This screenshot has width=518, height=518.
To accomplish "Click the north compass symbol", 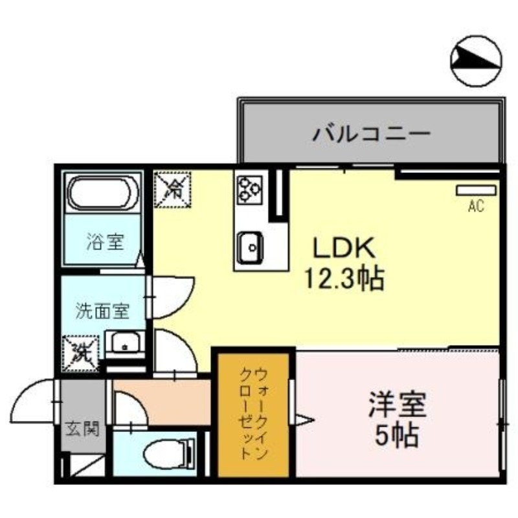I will [x=476, y=62].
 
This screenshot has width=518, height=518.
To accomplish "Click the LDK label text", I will [x=343, y=248].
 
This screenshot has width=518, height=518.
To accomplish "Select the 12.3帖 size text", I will [x=344, y=279].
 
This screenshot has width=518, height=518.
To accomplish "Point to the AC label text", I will [x=476, y=207].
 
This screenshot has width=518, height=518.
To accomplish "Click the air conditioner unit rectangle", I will [x=476, y=190].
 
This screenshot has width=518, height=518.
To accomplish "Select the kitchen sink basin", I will [x=249, y=245].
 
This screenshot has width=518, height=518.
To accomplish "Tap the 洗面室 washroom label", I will [x=102, y=310].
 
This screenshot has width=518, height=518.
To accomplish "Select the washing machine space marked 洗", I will [x=81, y=353].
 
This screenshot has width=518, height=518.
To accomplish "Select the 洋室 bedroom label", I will [x=397, y=407].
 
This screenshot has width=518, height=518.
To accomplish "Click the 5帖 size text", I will [x=396, y=438].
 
